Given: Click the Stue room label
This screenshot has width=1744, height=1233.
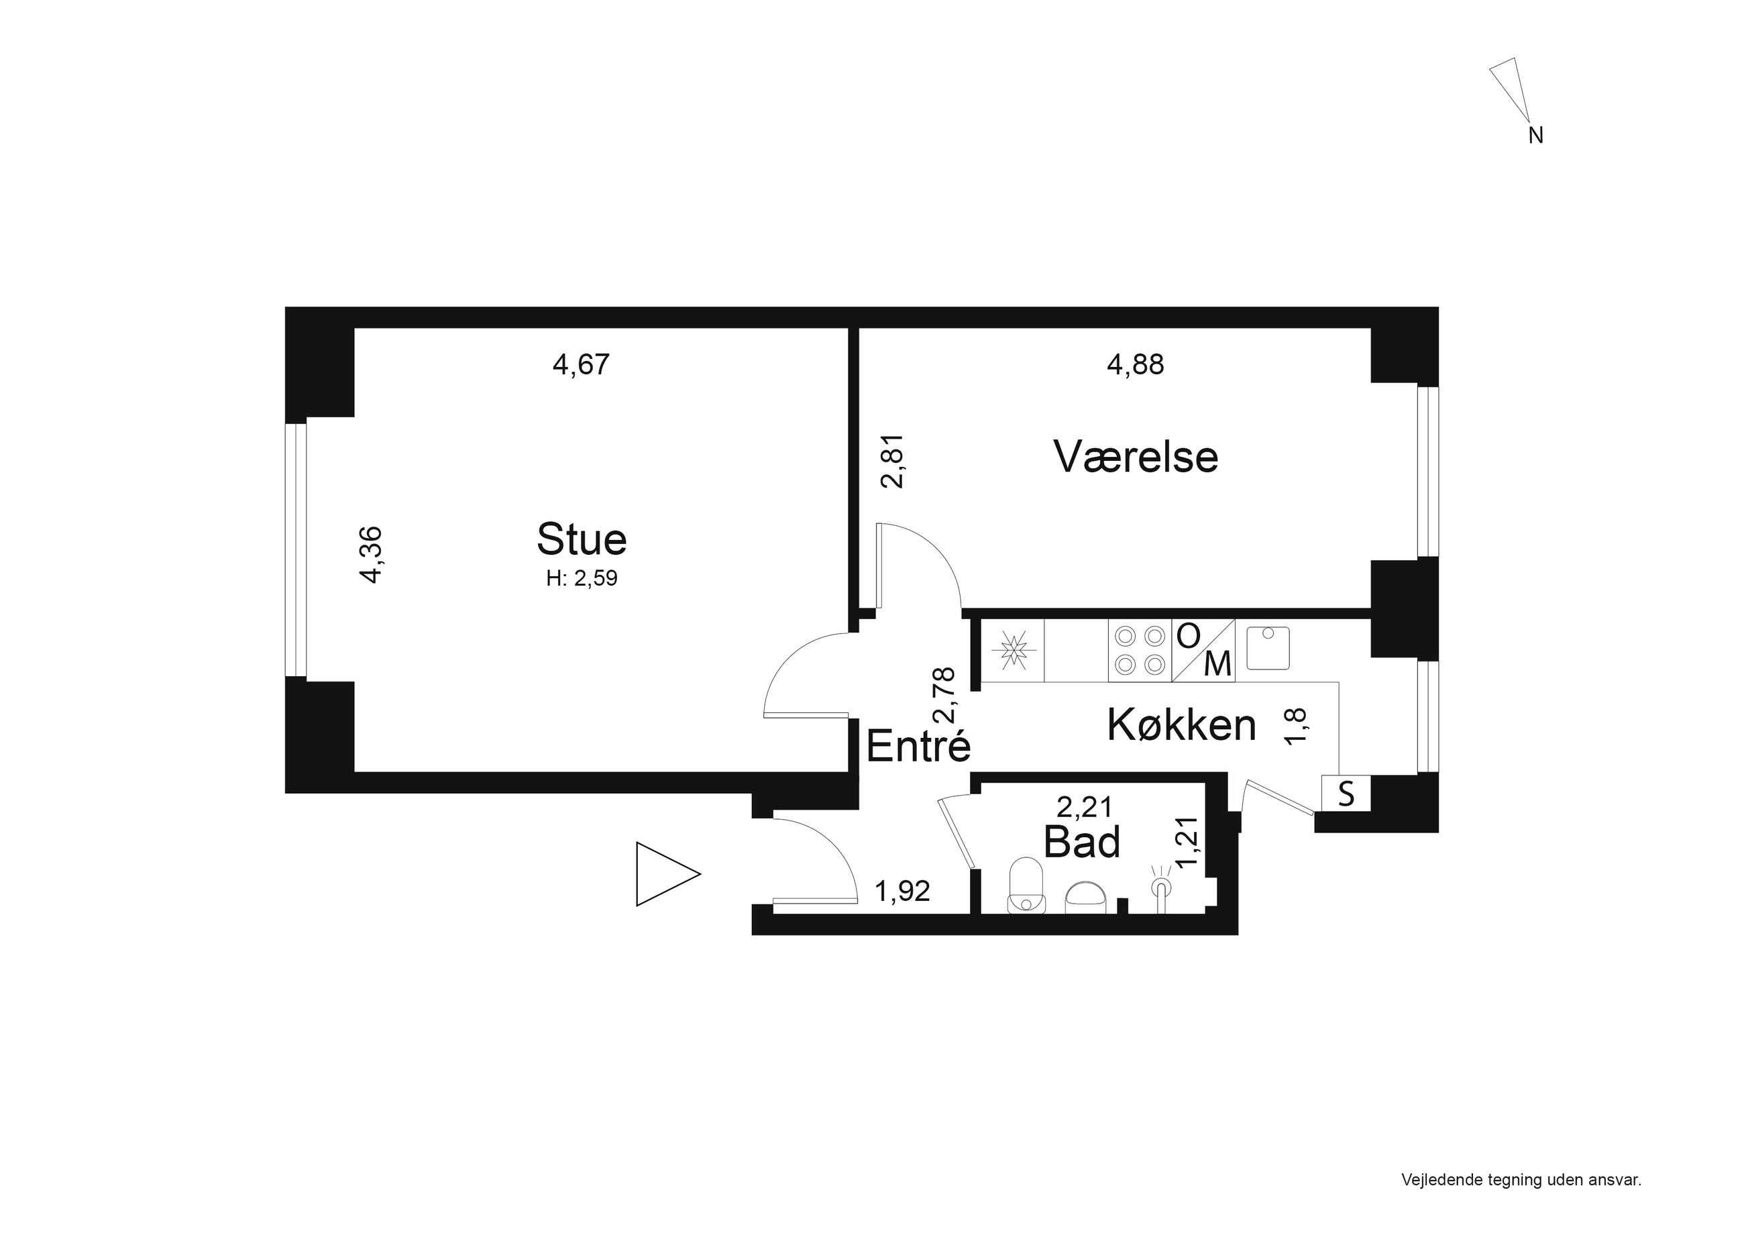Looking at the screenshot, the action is point(582,539).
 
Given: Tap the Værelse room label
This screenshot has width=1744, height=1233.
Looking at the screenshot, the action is point(1136,458).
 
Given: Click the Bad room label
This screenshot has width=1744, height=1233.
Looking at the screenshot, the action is point(1082,842).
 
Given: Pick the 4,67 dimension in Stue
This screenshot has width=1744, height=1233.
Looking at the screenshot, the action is point(581,365).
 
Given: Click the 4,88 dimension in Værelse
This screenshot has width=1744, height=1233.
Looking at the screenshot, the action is point(1136,365).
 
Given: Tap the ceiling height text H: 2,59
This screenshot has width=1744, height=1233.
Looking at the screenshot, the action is point(582,579).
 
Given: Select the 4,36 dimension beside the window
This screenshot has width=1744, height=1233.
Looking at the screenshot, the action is point(372,555).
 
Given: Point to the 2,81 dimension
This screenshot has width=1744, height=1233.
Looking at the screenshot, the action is point(893,460).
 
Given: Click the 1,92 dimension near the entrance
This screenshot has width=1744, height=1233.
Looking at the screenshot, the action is point(902,891).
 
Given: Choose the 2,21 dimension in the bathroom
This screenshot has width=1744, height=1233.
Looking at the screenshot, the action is point(1085,806).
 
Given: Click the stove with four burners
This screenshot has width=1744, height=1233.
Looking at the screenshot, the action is point(1140,649).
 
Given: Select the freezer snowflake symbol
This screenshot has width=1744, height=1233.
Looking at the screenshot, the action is point(1012,649).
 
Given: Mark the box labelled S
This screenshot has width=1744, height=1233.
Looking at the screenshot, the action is point(1346,793).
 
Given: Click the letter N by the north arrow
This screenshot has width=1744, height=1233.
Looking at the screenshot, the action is point(1536,136).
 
